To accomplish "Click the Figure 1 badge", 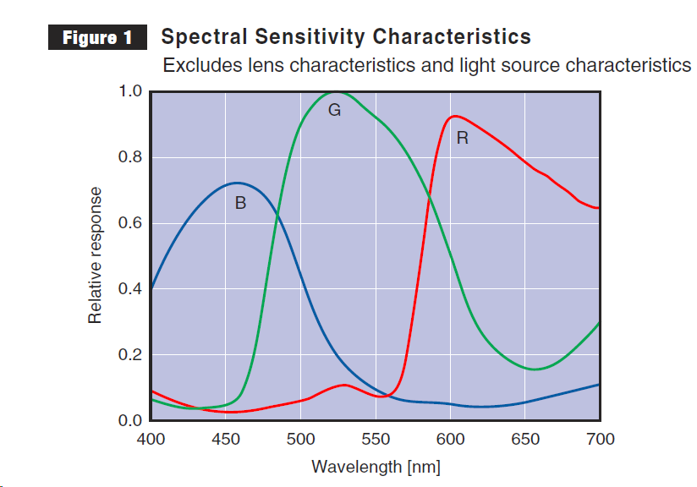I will click(x=97, y=38).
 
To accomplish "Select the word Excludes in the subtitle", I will click(x=196, y=65).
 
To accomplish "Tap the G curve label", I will click(x=334, y=110).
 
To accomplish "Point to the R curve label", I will click(x=462, y=138).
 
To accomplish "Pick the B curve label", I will click(x=240, y=203).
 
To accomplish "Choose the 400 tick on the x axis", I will click(x=151, y=439).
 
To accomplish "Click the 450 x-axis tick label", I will click(x=225, y=439).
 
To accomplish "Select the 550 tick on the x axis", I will click(x=375, y=439).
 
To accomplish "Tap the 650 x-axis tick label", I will click(x=524, y=439).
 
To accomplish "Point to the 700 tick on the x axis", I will click(x=599, y=439).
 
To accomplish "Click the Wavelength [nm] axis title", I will click(x=376, y=467).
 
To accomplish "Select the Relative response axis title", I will click(x=96, y=254).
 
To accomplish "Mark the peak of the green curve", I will click(x=336, y=92).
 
